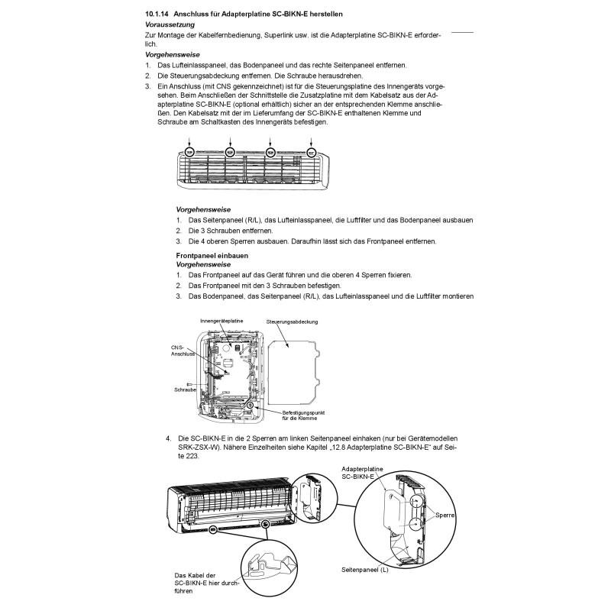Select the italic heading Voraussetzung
170,25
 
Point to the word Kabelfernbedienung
247,35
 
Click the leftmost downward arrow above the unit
191,141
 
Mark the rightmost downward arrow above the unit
311,141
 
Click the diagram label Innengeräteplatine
221,322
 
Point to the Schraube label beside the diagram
186,390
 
